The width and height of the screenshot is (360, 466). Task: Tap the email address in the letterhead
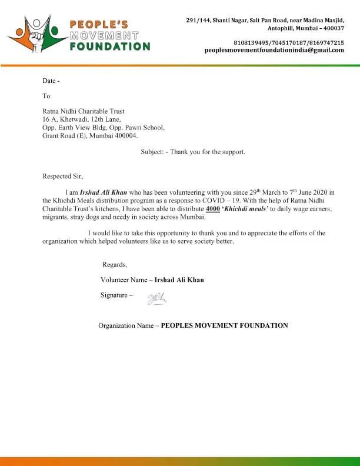click(274, 51)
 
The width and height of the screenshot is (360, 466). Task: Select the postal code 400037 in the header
click(331, 28)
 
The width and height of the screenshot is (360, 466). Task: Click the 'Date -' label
click(51, 81)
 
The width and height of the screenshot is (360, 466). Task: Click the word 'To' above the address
click(46, 96)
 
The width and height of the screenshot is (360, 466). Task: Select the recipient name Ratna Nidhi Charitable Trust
click(84, 111)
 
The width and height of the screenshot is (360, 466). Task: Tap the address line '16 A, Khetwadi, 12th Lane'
click(82, 119)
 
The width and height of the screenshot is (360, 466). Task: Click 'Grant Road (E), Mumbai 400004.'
click(90, 136)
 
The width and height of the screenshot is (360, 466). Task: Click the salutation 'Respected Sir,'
click(63, 176)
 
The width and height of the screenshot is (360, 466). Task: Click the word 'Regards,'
click(115, 264)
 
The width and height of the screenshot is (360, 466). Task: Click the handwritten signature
click(156, 298)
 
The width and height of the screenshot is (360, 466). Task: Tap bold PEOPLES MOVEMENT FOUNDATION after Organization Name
click(224, 325)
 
